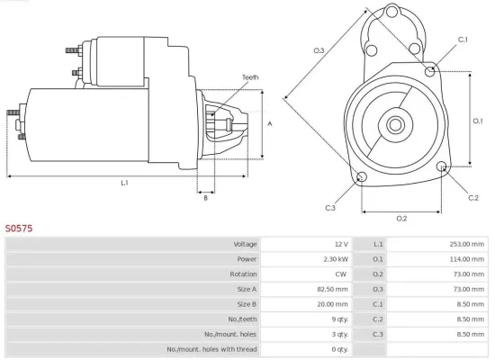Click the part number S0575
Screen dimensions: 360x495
pos(19,229)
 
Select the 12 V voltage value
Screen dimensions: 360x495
pos(340,244)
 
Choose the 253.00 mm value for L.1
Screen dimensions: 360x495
pos(463,244)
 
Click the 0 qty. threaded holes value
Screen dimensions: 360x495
pos(339,348)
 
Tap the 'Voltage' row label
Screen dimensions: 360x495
pos(245,244)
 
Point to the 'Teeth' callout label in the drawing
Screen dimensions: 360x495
pos(250,77)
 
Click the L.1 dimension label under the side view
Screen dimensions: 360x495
pos(124,183)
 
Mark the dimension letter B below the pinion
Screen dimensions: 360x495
pos(205,198)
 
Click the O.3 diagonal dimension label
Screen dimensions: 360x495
pos(319,50)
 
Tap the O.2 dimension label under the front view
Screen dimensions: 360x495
pos(401,219)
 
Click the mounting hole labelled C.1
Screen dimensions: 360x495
pos(431,69)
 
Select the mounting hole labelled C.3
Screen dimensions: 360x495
pos(361,177)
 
